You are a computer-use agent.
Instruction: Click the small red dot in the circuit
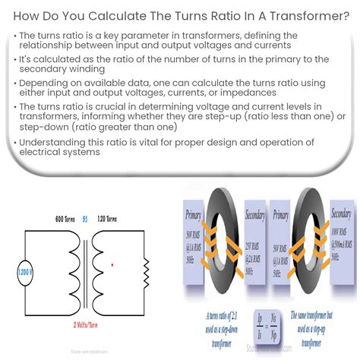coord(112,266)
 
